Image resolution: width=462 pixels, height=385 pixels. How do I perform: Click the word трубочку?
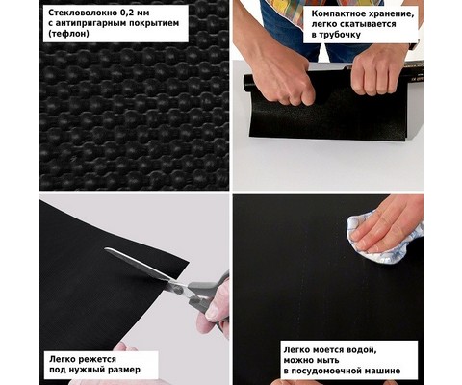341,35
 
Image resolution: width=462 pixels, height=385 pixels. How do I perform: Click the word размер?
125,370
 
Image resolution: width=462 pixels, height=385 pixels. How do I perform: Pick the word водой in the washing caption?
362,350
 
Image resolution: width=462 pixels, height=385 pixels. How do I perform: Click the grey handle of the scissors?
206,291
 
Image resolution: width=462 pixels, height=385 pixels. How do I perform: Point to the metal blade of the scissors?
138,263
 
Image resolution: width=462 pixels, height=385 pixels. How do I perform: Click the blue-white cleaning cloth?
383,238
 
